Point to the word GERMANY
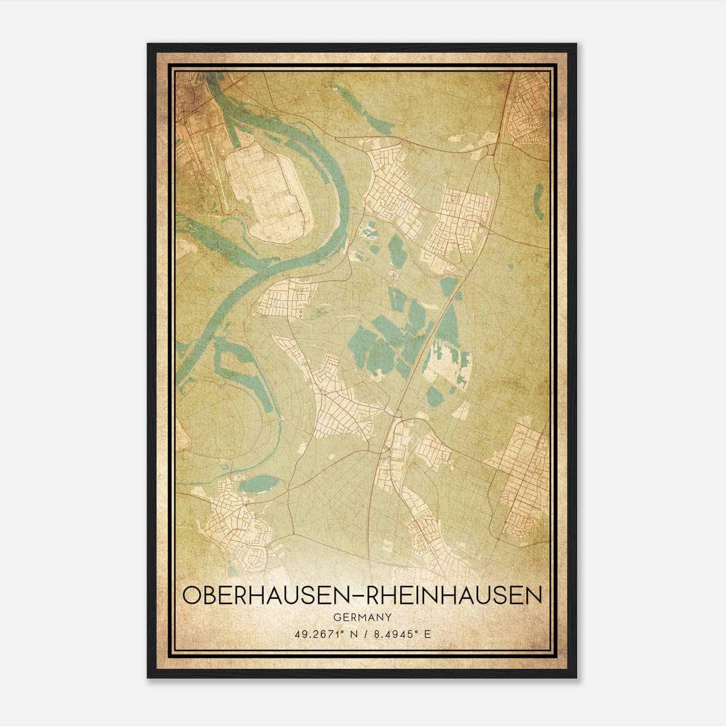point(362,617)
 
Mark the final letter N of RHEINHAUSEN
point(535,596)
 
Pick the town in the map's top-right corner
point(529,109)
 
